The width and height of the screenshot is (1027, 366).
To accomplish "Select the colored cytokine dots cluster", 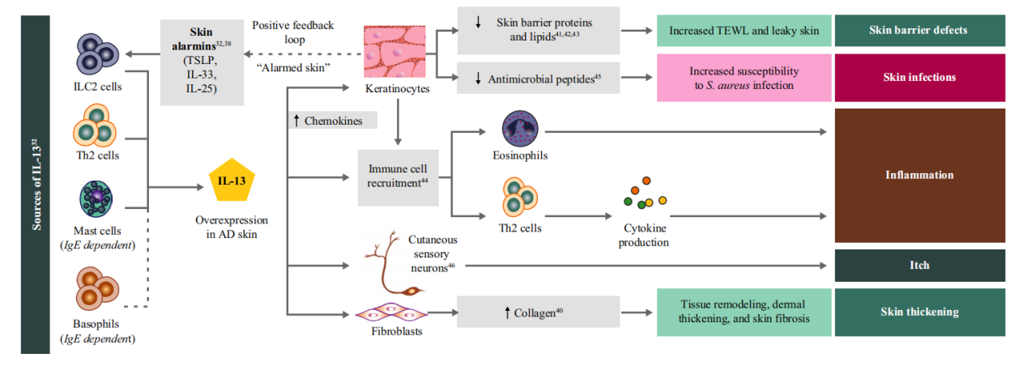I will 645,192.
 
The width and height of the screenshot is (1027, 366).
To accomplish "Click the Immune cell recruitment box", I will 398,177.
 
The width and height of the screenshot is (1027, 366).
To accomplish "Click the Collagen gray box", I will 539,312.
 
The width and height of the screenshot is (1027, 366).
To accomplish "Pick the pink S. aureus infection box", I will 744,79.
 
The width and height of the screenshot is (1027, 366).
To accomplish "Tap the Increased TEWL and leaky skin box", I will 744,31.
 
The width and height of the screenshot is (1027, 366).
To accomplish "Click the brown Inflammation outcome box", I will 919,175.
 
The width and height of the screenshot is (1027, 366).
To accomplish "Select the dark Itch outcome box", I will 919,265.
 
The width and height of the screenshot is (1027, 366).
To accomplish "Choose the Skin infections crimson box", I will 919,78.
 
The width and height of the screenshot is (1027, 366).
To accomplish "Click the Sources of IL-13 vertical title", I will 36,185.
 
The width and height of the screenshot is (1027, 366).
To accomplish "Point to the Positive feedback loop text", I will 293,32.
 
